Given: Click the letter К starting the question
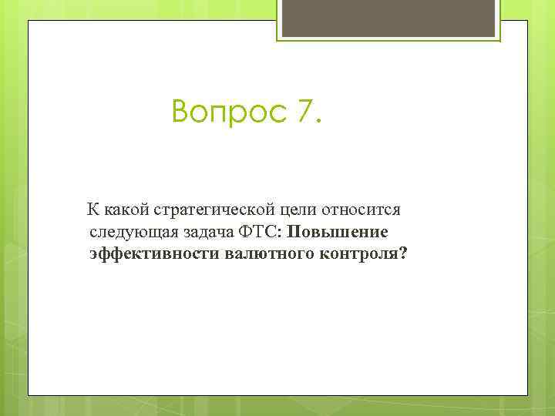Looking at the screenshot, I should [x=92, y=210].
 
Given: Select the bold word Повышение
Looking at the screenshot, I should [x=338, y=232].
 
